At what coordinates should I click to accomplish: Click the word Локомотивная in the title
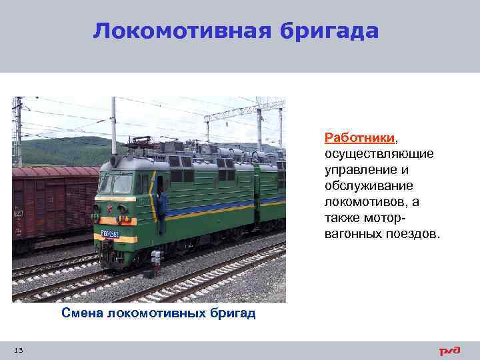pyautogui.click(x=169, y=31)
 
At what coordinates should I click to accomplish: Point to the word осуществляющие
pyautogui.click(x=379, y=154)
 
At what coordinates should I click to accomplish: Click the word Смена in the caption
pyautogui.click(x=81, y=313)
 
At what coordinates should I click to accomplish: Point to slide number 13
pyautogui.click(x=18, y=351)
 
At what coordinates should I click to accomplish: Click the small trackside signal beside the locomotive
pyautogui.click(x=156, y=261)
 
